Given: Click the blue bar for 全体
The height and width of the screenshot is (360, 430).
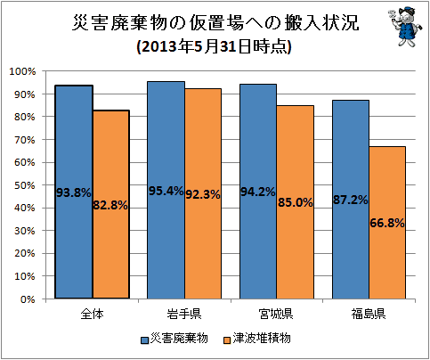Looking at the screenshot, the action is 74,192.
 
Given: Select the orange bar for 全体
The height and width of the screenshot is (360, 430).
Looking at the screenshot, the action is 111,204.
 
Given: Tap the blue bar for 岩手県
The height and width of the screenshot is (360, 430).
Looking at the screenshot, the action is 166,190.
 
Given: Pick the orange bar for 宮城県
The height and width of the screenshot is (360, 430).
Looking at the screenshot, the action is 296,202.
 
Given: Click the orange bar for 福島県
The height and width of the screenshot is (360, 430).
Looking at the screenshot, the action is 387,223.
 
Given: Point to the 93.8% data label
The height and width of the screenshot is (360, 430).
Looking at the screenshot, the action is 74,192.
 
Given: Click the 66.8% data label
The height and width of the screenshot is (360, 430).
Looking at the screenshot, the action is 387,223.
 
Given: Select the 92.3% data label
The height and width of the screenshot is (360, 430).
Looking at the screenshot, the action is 203,194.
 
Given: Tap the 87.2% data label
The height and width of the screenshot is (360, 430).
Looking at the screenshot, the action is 351,200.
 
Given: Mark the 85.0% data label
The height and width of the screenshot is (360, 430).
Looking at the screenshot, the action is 296,202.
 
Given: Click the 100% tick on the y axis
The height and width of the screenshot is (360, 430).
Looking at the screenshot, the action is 22,71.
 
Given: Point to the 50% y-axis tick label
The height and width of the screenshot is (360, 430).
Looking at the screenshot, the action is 25,185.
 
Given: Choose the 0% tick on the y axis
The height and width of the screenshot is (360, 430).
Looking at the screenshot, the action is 28,299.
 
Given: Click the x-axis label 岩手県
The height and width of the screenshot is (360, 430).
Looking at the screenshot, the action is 184,314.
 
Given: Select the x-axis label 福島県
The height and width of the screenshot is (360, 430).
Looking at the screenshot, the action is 369,314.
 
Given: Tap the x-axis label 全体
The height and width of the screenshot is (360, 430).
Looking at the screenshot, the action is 92,314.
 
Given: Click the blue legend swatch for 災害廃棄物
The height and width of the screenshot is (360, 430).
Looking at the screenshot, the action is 144,340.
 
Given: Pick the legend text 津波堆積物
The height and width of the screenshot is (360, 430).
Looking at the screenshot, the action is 262,339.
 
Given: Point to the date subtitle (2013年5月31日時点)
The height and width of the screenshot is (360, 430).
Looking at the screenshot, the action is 214,46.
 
